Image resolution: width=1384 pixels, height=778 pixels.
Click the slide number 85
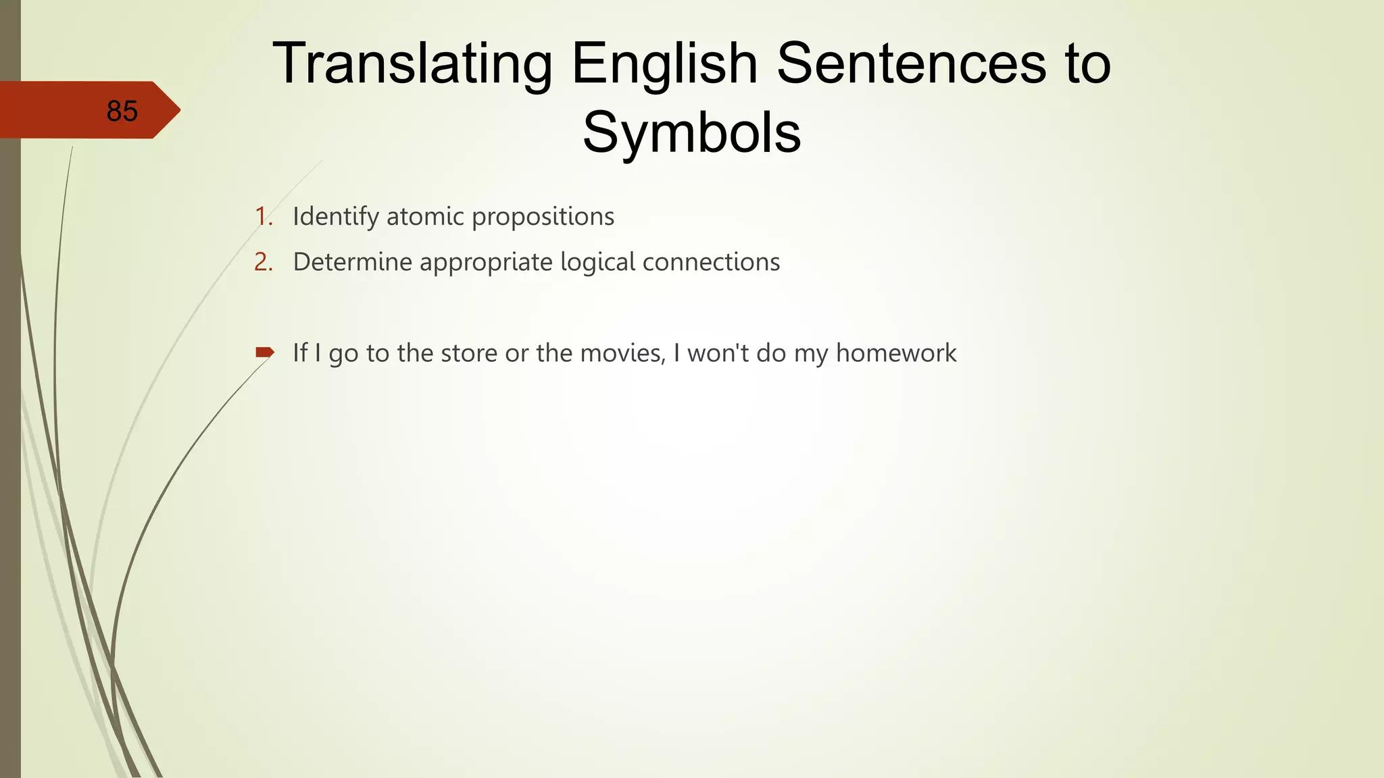pos(122,111)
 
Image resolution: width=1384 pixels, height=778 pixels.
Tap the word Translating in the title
pos(412,63)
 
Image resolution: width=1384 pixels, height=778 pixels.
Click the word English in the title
pos(664,63)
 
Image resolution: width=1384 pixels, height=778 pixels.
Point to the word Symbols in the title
pos(691,132)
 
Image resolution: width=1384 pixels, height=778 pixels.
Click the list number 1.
pos(262,217)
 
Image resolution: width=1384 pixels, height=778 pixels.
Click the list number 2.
pos(263,262)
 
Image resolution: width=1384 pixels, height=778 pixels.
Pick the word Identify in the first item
pos(335,217)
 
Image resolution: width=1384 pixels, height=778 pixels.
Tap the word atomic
pos(425,217)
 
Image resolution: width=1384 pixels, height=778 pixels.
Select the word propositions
pos(543,217)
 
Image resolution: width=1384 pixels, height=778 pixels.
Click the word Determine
pos(352,262)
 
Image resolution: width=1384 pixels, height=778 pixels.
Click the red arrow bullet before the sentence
pos(264,352)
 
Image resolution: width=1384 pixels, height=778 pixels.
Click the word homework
pos(896,353)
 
